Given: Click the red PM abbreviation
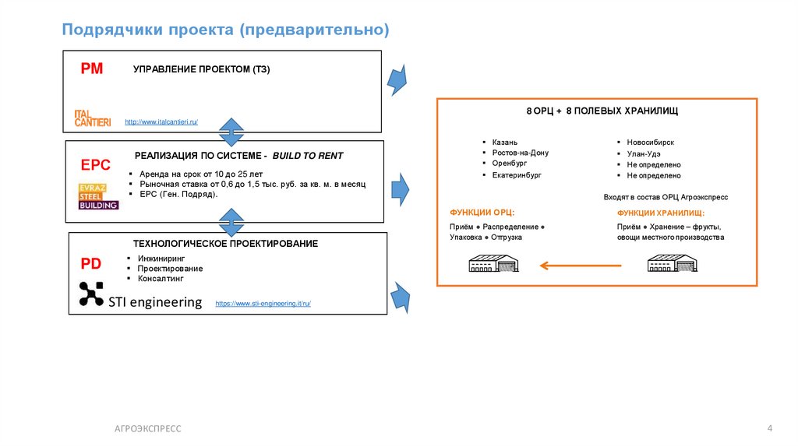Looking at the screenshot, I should [92, 69].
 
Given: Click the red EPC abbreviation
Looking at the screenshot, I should [96, 165].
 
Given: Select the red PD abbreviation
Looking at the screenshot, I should [91, 264].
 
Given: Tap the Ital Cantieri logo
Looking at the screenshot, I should [93, 118].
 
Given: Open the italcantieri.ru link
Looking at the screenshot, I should [161, 122].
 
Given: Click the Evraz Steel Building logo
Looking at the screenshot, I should [98, 196].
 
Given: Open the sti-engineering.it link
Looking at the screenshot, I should [263, 304].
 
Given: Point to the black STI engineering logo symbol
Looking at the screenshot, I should [91, 294].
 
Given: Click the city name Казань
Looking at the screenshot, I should [503, 143].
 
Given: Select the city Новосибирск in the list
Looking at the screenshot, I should [650, 143].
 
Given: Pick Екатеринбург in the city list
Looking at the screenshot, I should [516, 175].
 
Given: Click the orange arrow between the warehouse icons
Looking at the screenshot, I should [581, 266].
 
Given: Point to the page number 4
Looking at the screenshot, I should [770, 428].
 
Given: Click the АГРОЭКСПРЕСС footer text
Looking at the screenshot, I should [147, 428].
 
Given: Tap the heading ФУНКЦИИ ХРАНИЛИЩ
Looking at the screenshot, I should [661, 213].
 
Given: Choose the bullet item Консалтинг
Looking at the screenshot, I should [161, 278].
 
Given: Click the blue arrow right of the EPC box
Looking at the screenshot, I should [400, 189].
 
